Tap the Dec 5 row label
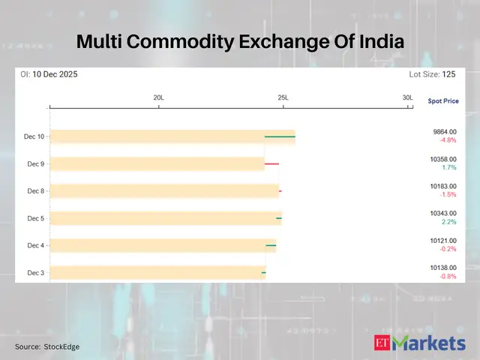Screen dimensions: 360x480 coord(36,218)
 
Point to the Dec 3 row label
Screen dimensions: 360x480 coord(36,272)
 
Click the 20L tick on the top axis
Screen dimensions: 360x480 coord(159,98)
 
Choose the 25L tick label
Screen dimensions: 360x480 coord(283,98)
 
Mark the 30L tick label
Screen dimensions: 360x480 coord(407,98)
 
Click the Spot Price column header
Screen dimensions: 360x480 coord(442,100)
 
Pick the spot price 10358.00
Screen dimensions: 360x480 coord(442,159)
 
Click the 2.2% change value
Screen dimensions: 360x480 coord(449,222)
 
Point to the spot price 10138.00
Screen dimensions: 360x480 coord(442,268)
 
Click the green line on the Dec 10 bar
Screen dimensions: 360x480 coord(280,136)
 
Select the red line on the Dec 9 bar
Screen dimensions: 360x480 coord(271,163)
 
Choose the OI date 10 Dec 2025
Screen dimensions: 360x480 coord(55,74)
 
